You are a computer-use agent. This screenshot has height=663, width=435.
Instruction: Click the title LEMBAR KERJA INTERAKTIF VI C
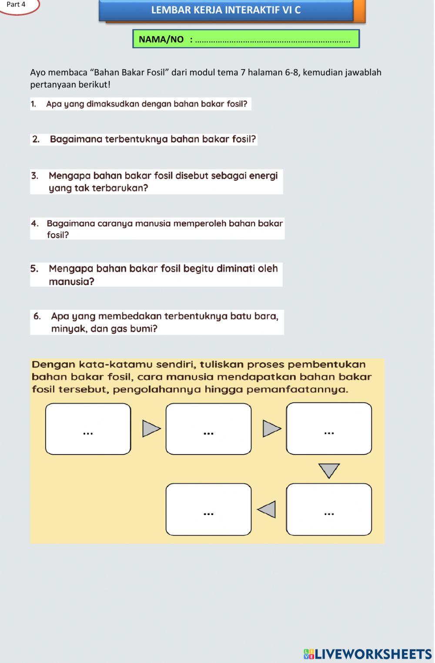coord(226,10)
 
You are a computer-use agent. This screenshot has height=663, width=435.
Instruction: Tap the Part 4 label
coord(16,5)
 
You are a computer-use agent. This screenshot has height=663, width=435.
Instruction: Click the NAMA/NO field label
coord(161,40)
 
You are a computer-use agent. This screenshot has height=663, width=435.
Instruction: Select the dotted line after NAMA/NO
coord(273,40)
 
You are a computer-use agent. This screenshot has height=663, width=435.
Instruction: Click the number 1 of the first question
coord(33,104)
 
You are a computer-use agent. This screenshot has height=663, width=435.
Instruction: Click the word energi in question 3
coord(263,176)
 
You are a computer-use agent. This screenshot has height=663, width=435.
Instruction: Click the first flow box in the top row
coord(88,429)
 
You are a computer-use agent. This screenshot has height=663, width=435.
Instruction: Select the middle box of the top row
coord(208,429)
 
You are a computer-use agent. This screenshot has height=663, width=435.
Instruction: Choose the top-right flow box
coord(329,429)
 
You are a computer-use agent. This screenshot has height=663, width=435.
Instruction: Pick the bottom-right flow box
coord(329,509)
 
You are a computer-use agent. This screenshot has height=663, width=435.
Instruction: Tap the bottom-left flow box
coord(208,509)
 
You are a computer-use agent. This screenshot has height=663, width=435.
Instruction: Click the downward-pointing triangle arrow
coord(329,470)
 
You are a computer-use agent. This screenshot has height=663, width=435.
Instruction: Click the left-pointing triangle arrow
coord(267,509)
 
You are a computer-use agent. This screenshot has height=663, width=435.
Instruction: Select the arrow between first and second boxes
coord(151,429)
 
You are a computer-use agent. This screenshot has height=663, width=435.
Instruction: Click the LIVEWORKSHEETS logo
coord(368,654)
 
